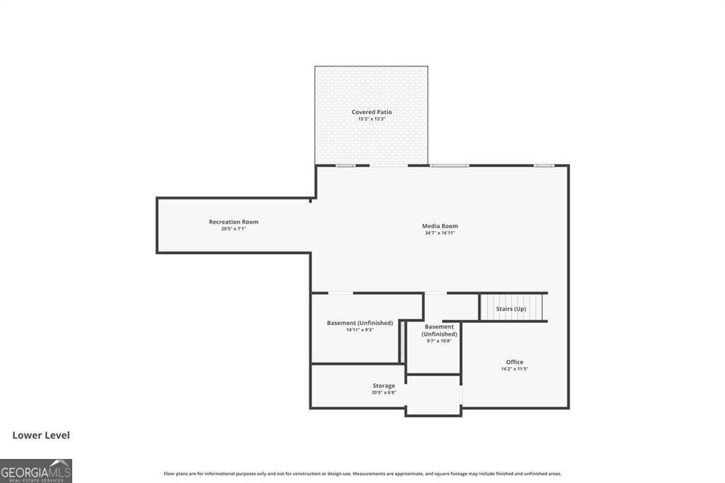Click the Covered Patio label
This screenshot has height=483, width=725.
pyautogui.click(x=371, y=112)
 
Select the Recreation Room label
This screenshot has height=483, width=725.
pyautogui.click(x=233, y=222)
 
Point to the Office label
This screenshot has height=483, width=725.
pyautogui.click(x=514, y=362)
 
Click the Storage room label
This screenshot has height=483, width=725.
pyautogui.click(x=384, y=386)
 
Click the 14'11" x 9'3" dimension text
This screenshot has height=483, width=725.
pyautogui.click(x=360, y=330)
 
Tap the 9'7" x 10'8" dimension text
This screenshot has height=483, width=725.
pyautogui.click(x=439, y=341)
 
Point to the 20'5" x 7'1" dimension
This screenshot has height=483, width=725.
pyautogui.click(x=233, y=229)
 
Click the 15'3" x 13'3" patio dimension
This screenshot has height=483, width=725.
pyautogui.click(x=371, y=119)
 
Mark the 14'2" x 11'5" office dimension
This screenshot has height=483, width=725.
pyautogui.click(x=514, y=369)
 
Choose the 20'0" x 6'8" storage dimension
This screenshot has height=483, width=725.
pyautogui.click(x=384, y=392)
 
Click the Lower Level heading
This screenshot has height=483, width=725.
pyautogui.click(x=41, y=436)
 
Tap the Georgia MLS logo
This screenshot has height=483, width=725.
pyautogui.click(x=36, y=470)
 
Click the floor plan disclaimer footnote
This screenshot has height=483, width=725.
pyautogui.click(x=362, y=474)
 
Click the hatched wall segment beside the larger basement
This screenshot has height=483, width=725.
pyautogui.click(x=401, y=342)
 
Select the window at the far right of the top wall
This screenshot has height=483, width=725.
pyautogui.click(x=543, y=166)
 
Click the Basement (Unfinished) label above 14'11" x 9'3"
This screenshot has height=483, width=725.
pyautogui.click(x=360, y=323)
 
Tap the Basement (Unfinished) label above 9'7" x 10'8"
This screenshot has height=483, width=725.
pyautogui.click(x=439, y=330)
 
